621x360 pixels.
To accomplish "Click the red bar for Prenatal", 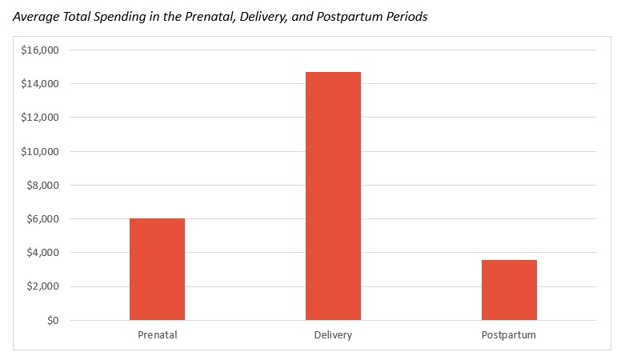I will [x=157, y=270].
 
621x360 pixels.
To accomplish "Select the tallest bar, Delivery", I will [x=333, y=196].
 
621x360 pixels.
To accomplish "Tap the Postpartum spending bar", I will [x=509, y=290].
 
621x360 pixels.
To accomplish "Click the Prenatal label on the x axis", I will [x=157, y=334].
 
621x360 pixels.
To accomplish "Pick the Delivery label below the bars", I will [x=333, y=334].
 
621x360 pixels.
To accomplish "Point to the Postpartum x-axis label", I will [x=509, y=334].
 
